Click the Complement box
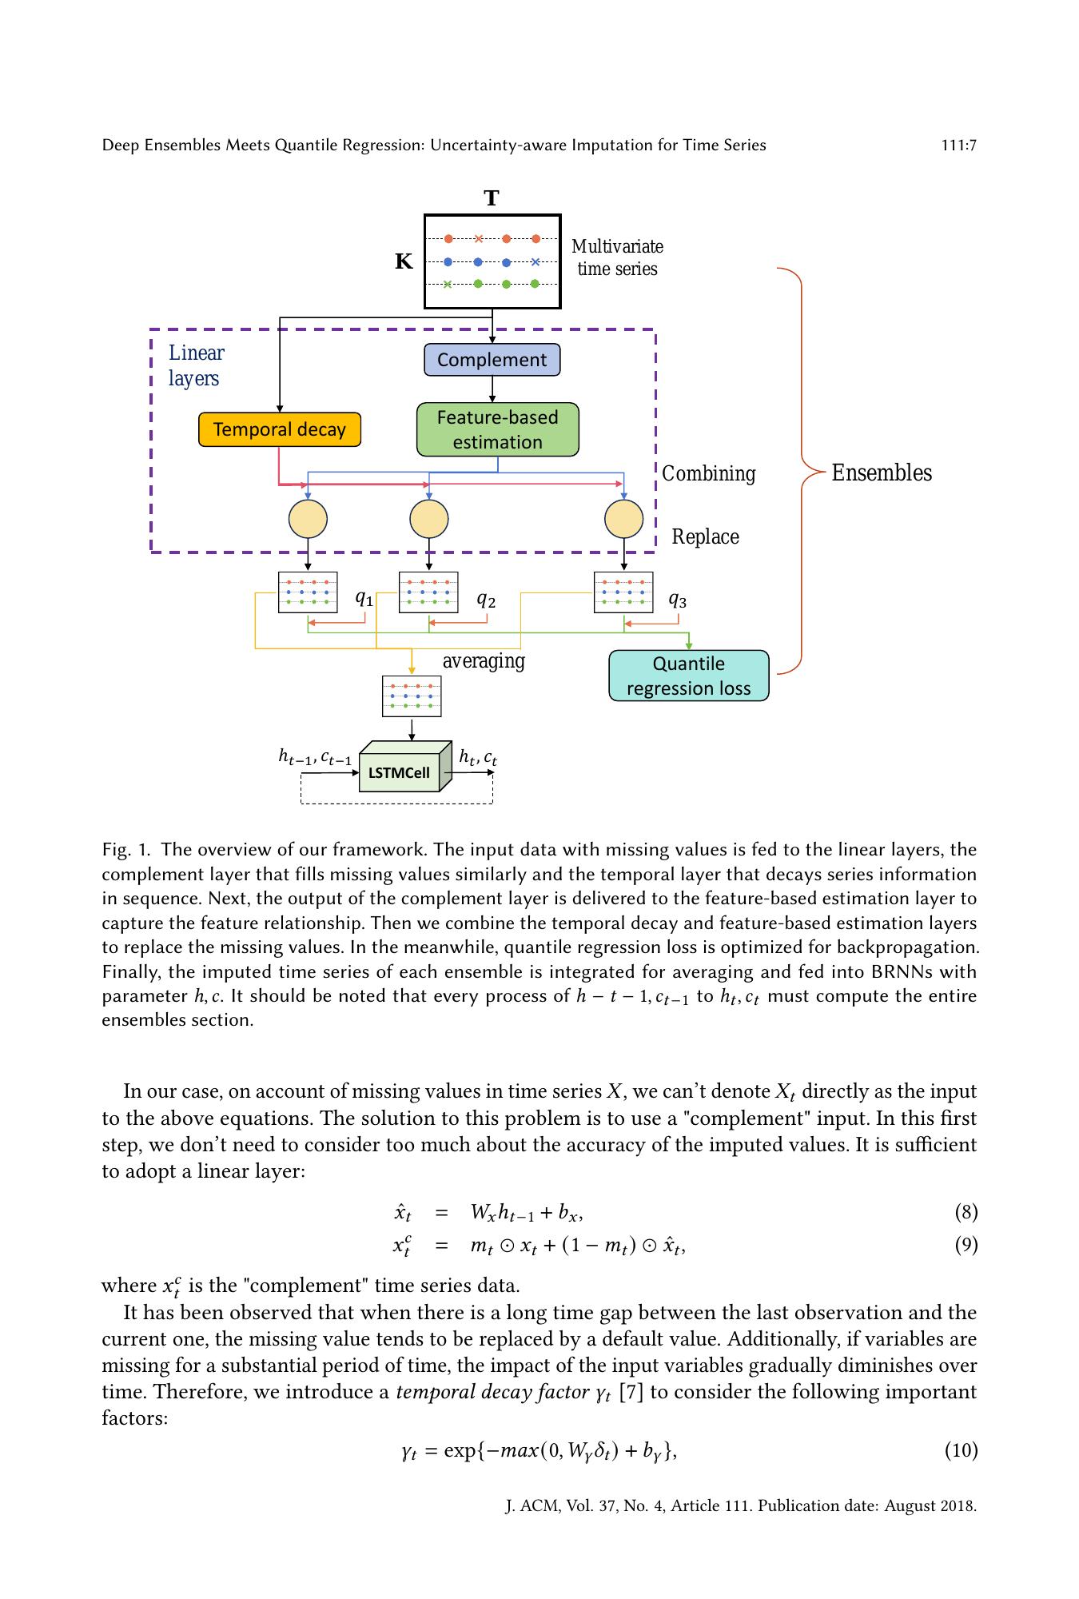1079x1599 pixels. [x=492, y=360]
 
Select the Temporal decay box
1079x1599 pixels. [x=279, y=429]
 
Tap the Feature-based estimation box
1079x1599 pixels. [x=497, y=429]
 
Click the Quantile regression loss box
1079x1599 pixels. [x=688, y=676]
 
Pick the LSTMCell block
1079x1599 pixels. [x=400, y=772]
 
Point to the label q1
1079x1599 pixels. [x=364, y=597]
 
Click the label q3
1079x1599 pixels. [x=677, y=599]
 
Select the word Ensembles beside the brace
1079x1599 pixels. [x=881, y=473]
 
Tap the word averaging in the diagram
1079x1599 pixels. [x=484, y=661]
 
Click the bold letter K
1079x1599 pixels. [x=404, y=261]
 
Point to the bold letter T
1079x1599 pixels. [x=492, y=198]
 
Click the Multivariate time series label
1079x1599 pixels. [x=617, y=257]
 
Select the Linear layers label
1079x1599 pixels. [x=196, y=365]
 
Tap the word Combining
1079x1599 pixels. [x=708, y=473]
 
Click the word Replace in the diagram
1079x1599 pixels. [x=705, y=536]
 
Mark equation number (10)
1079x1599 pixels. [x=961, y=1449]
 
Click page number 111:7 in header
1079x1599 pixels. [x=958, y=145]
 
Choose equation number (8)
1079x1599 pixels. [x=966, y=1212]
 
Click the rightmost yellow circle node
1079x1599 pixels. [x=623, y=519]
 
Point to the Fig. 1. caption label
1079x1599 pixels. [x=126, y=849]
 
